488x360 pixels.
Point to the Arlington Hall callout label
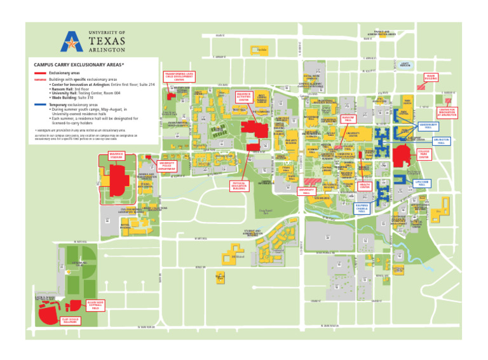[442, 141]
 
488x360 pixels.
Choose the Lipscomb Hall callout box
[423, 183]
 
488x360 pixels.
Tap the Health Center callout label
[365, 186]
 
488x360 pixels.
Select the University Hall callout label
[306, 190]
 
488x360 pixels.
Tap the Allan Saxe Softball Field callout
[95, 305]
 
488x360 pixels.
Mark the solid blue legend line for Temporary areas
[40, 103]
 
